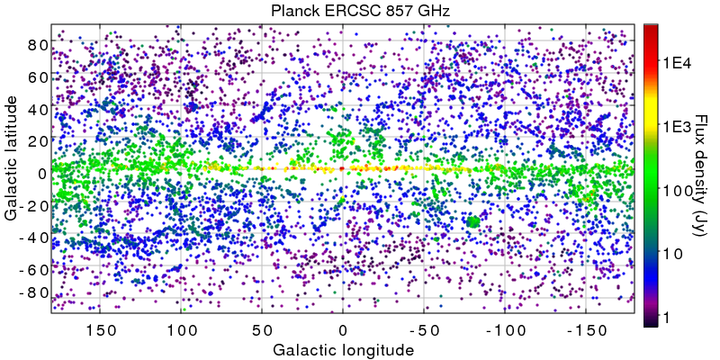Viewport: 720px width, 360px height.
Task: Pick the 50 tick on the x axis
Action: tap(262, 329)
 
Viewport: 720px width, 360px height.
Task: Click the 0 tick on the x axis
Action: tap(343, 329)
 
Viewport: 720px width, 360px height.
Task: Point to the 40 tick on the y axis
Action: tap(37, 109)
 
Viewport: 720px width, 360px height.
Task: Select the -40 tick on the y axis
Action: tap(34, 238)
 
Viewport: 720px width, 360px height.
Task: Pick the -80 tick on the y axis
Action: tap(34, 292)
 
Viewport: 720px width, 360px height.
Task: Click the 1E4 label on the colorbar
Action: tap(676, 63)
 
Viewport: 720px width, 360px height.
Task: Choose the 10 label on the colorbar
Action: tap(672, 255)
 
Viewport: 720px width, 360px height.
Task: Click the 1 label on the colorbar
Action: tap(668, 319)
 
